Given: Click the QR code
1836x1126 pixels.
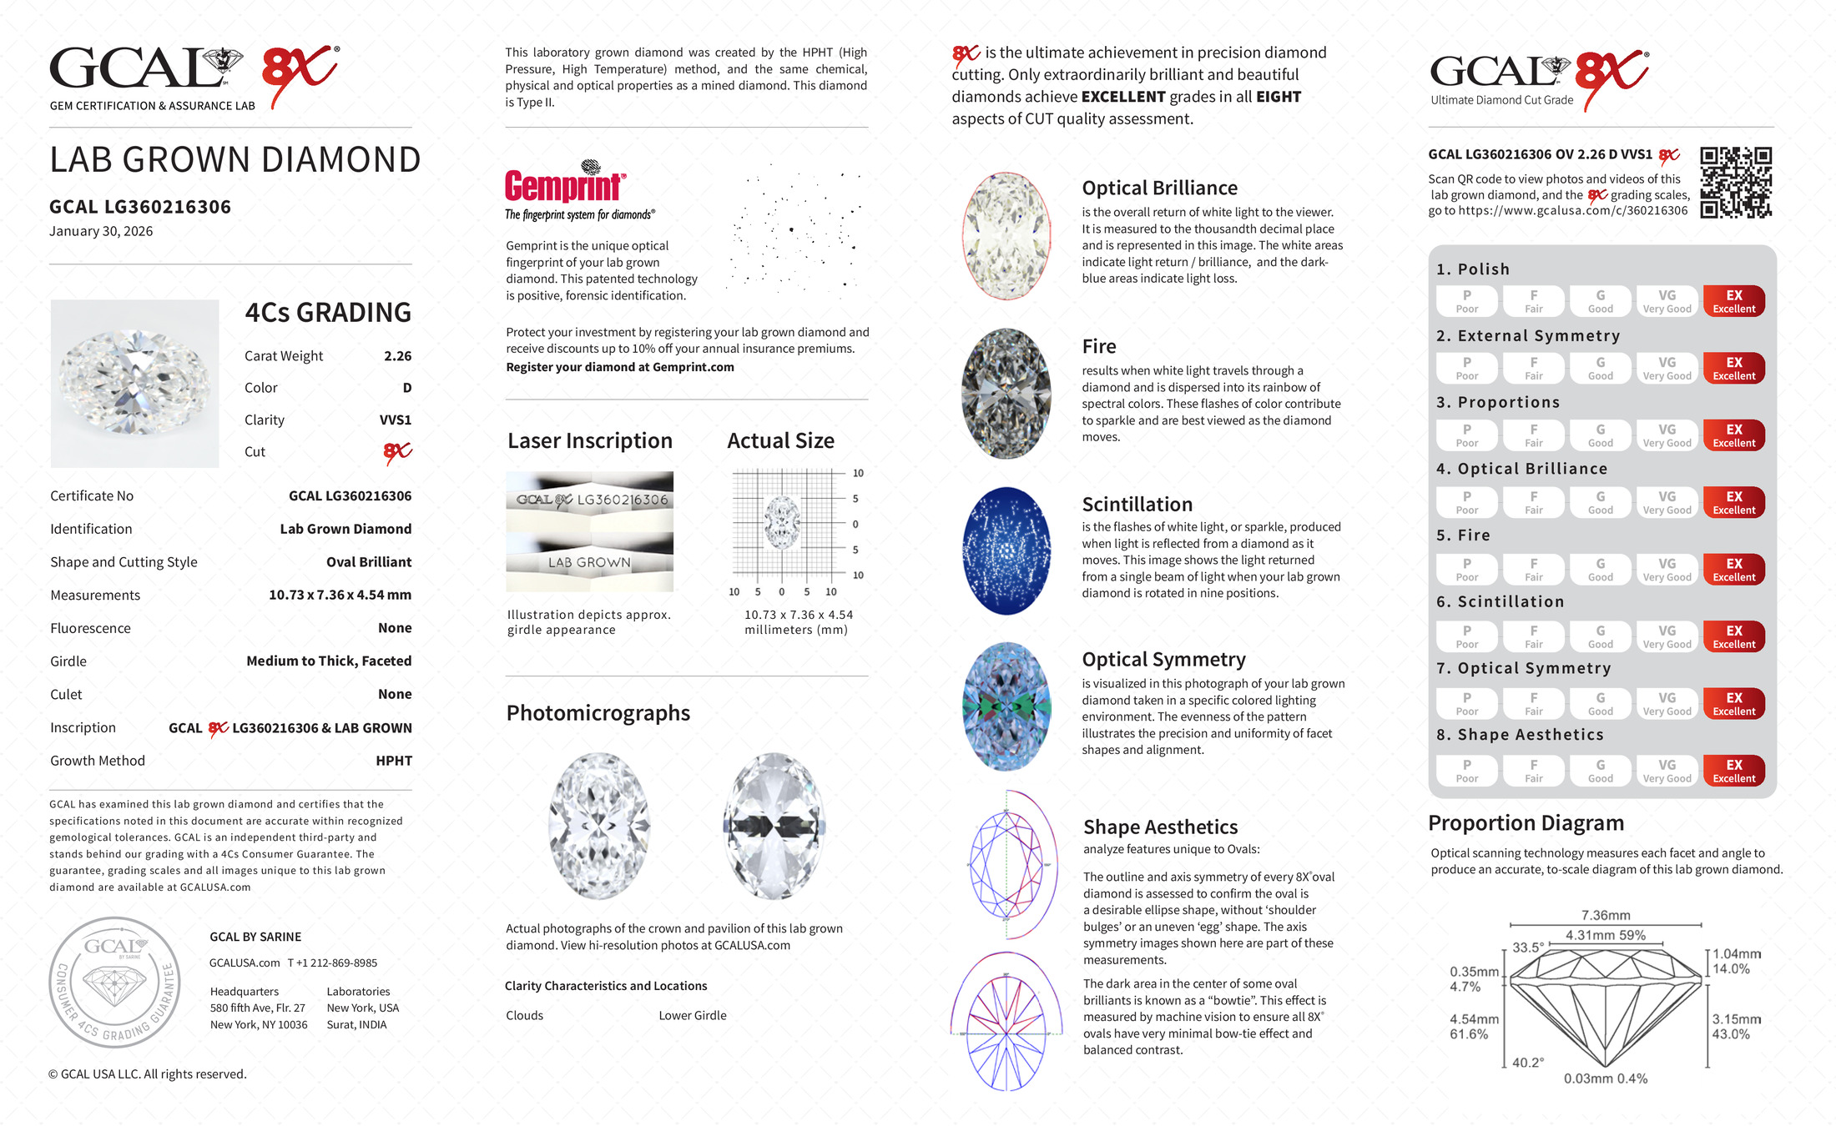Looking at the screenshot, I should [1735, 182].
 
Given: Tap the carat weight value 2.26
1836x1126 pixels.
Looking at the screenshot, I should [397, 356].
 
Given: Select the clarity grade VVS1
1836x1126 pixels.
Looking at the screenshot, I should [395, 420].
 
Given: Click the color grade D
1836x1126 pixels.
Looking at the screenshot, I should [406, 388].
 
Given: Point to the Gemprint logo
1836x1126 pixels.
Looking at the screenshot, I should [565, 185].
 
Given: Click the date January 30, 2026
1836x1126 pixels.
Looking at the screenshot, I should [101, 231].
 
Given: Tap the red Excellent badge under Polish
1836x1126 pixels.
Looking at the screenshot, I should [1733, 301].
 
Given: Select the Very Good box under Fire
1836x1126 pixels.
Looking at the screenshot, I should [1667, 570].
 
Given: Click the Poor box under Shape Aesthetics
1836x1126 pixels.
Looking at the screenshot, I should [1466, 771].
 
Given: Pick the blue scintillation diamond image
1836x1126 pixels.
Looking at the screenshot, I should [1006, 551].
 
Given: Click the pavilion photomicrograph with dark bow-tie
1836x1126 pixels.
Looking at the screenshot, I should [774, 826].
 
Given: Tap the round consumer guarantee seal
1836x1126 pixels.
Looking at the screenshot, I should [114, 983].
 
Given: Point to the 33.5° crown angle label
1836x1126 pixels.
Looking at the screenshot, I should [1527, 948].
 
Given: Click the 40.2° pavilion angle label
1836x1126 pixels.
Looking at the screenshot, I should [1527, 1063].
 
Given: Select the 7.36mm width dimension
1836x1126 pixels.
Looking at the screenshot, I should [1605, 915].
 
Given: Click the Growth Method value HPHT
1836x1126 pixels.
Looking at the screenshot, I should [393, 761].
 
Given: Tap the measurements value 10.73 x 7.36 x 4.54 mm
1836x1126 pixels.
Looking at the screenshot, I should [340, 596].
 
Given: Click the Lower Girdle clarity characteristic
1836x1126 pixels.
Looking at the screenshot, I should [692, 1015].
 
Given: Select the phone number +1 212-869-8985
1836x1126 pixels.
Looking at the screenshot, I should [332, 963].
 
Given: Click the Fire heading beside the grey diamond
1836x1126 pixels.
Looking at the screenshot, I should [1098, 346].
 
